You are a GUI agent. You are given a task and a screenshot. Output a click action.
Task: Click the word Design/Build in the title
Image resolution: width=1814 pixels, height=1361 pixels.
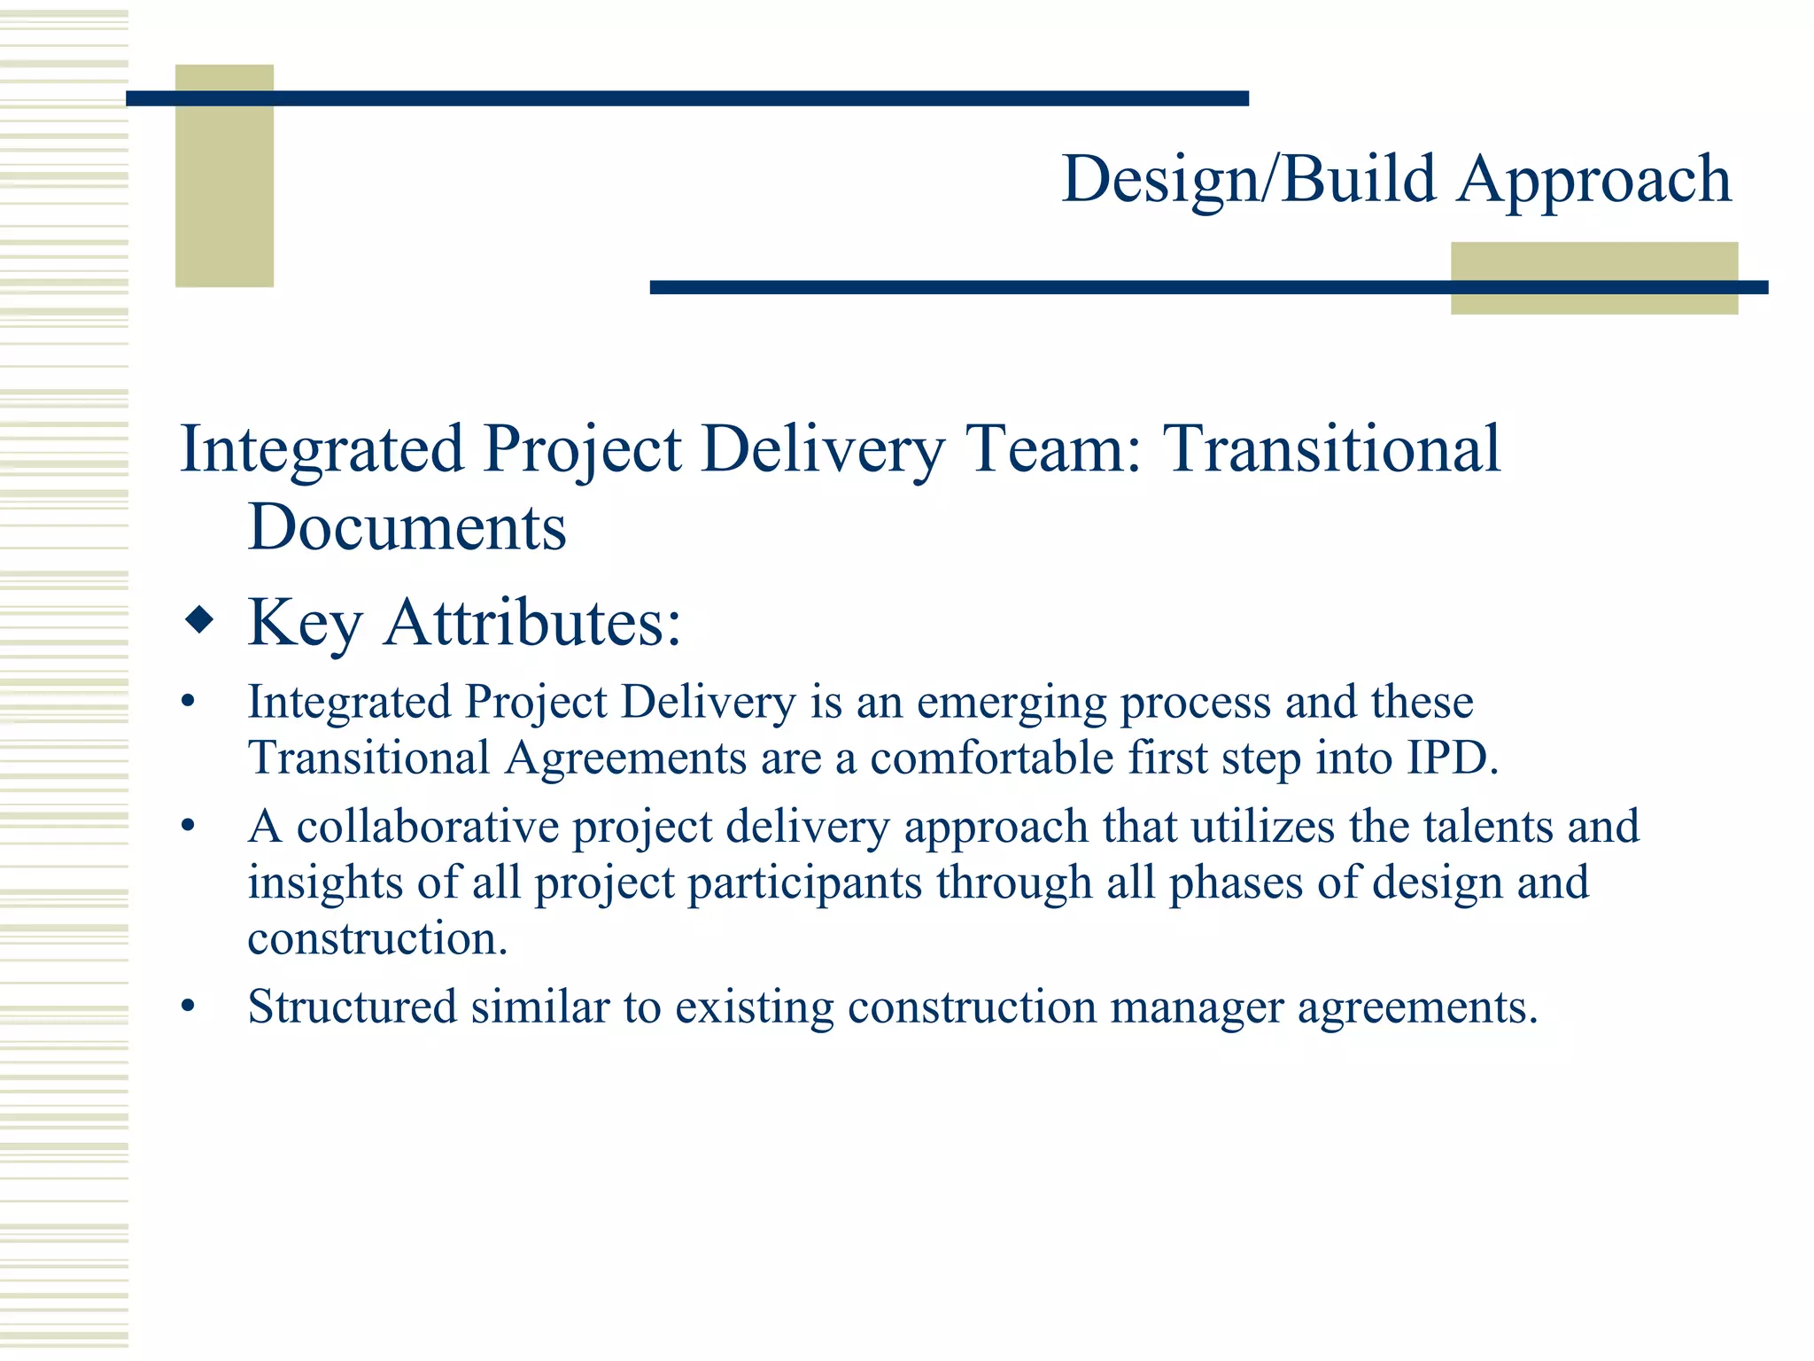point(1249,180)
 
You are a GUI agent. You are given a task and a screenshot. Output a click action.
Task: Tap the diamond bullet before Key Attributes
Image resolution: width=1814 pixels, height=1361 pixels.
point(200,620)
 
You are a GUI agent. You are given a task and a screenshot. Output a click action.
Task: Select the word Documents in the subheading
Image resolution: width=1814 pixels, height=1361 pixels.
point(407,527)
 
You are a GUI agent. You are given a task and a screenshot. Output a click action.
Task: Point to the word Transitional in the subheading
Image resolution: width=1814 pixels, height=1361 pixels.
point(1331,448)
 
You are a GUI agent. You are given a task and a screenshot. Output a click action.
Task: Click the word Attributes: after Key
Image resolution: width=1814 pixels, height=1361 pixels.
point(532,622)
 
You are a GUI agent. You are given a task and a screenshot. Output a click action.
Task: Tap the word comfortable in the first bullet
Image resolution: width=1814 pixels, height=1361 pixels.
point(992,758)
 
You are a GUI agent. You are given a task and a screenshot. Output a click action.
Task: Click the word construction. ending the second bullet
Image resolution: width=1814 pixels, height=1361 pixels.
point(377,938)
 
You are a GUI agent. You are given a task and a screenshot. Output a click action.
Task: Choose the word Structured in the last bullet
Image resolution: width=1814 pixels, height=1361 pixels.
point(352,1007)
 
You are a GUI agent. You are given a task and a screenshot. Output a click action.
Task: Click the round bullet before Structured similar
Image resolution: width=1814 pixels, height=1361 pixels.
point(187,1007)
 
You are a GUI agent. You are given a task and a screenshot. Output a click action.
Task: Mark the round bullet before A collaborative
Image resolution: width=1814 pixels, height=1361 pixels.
point(187,827)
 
